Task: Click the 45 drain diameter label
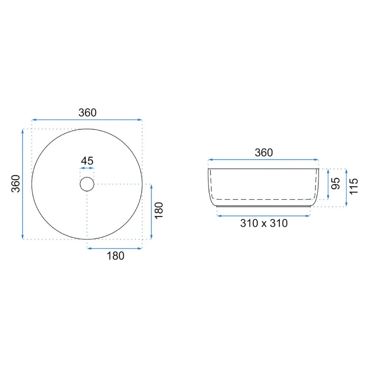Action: click(x=87, y=161)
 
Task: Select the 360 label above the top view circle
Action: click(x=87, y=113)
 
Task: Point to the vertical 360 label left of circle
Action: click(x=16, y=184)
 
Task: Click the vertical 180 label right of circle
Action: click(x=159, y=211)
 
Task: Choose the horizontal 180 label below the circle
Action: click(x=115, y=256)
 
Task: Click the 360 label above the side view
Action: click(x=264, y=153)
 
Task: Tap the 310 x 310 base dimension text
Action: click(x=264, y=223)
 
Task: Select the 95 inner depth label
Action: click(x=336, y=183)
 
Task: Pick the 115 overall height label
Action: click(x=354, y=186)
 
